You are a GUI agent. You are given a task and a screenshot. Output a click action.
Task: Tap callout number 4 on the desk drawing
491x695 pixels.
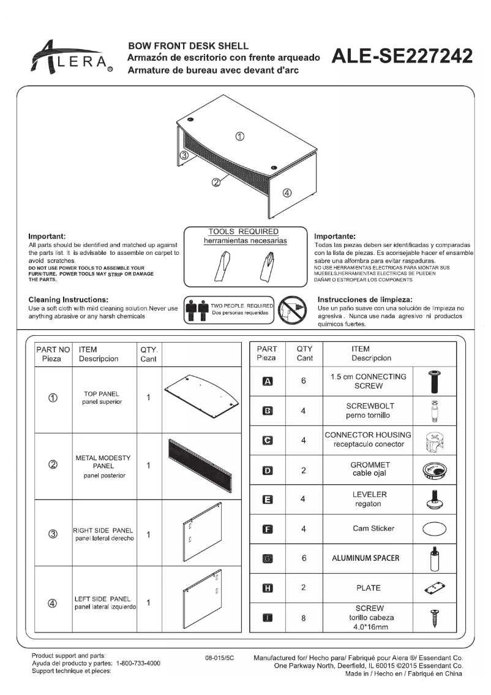pos(286,193)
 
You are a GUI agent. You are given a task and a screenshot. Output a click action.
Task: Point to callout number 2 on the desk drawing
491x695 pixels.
pos(216,182)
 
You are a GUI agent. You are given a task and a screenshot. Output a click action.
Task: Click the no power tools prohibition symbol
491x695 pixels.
pos(291,311)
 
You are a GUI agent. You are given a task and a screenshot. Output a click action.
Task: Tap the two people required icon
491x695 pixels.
pos(197,311)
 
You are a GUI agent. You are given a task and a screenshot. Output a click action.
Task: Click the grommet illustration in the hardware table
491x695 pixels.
pos(434,470)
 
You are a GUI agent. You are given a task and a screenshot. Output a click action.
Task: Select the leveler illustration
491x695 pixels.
pos(434,499)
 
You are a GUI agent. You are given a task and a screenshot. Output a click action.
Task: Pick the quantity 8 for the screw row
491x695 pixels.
pos(303,618)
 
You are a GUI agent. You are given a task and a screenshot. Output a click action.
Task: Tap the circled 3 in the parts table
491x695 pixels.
pos(53,533)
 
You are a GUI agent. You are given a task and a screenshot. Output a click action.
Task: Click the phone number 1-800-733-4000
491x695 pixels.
pos(138,663)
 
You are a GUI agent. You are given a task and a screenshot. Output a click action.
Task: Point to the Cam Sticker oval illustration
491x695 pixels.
pos(434,529)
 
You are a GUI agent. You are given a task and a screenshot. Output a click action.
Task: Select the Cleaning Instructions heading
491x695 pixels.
pos(69,299)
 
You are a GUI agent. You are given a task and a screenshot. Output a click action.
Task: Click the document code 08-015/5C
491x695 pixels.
pos(220,657)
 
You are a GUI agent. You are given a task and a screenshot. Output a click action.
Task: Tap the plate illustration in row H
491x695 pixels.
pos(434,588)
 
